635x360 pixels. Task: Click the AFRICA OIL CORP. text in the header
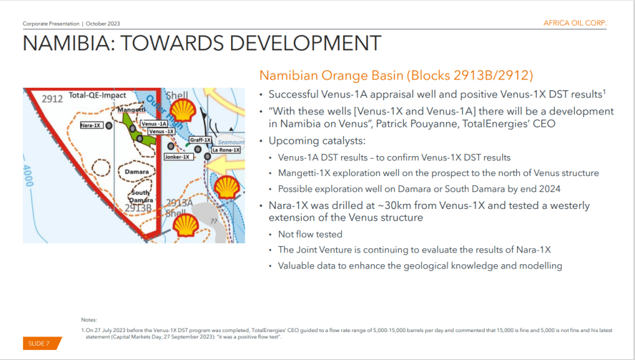(x=575, y=23)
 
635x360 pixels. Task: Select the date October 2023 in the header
(x=103, y=24)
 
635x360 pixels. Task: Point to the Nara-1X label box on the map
(x=91, y=125)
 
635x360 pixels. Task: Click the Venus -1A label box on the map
(x=154, y=124)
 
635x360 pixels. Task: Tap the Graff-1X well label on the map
(x=200, y=140)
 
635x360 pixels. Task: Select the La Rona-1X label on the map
(x=226, y=150)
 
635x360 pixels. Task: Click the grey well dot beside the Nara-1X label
(x=109, y=126)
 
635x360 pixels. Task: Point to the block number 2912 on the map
(x=52, y=99)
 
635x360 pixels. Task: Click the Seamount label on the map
(x=231, y=142)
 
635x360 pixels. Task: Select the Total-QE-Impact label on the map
(x=97, y=95)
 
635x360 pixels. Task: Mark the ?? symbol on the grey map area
(x=214, y=221)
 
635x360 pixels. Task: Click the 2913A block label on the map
(x=180, y=203)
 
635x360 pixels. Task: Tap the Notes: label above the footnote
(x=89, y=320)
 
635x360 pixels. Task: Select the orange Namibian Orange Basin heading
(x=396, y=75)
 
